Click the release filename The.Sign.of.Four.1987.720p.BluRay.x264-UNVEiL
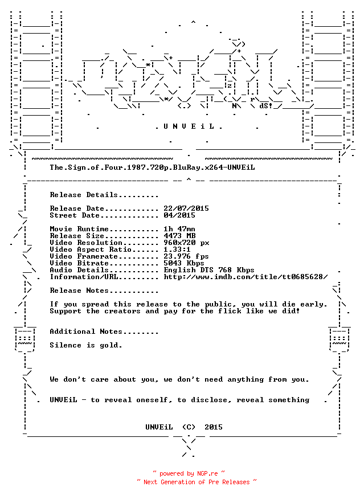(152, 167)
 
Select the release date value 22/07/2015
(186, 208)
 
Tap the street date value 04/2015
(179, 215)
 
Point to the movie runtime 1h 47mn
(179, 229)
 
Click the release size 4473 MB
(179, 236)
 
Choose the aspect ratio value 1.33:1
(177, 249)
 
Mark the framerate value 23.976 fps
(186, 256)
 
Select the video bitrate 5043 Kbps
(184, 263)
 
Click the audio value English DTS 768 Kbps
(209, 270)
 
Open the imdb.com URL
(246, 277)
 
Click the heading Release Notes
(79, 291)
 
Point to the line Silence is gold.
(86, 345)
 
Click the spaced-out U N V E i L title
(189, 126)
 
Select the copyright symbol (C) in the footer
(189, 427)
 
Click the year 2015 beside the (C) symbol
(214, 427)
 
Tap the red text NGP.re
(207, 473)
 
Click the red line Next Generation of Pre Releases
(197, 482)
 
